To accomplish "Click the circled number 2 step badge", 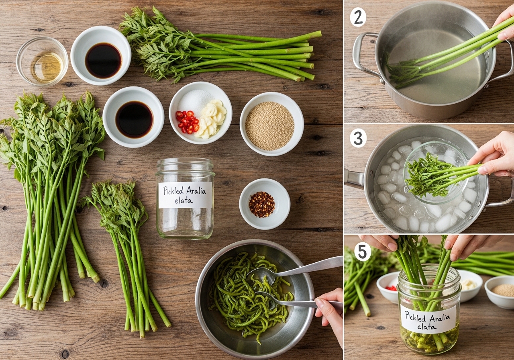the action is click(x=358, y=17).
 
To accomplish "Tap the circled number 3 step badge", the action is click(x=358, y=138).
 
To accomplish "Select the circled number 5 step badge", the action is click(x=363, y=252).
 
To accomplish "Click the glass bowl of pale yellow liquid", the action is click(x=42, y=61).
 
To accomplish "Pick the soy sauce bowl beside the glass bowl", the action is click(x=101, y=55).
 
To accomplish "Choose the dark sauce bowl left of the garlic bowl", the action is click(x=133, y=117).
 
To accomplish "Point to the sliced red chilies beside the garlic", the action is click(x=188, y=122).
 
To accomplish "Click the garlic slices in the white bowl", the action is click(x=211, y=119).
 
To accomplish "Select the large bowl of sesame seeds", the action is click(x=272, y=124).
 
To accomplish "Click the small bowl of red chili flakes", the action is click(x=265, y=204).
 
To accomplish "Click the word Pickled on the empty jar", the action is click(x=173, y=191).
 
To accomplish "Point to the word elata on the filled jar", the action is click(x=427, y=326).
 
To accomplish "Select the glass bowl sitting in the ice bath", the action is click(x=436, y=172).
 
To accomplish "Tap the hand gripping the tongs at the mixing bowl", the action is click(x=329, y=312).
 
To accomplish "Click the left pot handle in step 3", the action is click(x=354, y=179).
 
